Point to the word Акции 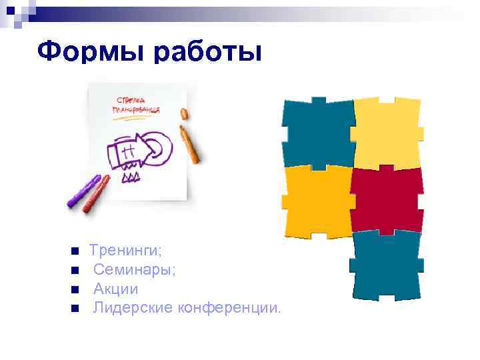click(x=115, y=289)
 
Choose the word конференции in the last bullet click(x=227, y=308)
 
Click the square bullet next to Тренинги click(x=75, y=252)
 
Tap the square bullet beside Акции click(x=75, y=290)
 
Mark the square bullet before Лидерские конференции click(x=75, y=309)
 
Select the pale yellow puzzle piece click(x=387, y=132)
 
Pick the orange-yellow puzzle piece click(x=317, y=200)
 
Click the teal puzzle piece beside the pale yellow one click(x=317, y=132)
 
